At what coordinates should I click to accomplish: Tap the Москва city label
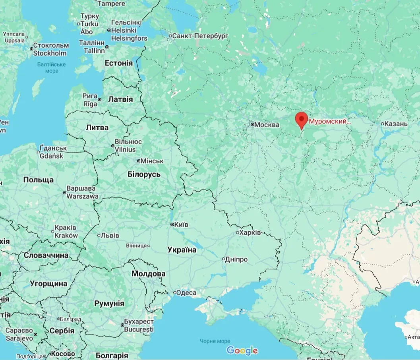267,125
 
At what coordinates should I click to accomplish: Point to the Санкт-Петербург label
200,36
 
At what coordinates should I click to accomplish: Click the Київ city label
181,225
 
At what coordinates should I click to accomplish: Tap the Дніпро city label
236,259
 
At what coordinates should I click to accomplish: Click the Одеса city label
186,293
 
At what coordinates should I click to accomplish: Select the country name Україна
182,250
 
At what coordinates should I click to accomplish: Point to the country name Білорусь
144,174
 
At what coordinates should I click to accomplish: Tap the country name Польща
39,180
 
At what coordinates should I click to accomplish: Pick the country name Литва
97,128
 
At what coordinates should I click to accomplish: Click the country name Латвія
120,99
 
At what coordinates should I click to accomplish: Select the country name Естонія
118,63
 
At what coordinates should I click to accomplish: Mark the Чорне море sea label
215,341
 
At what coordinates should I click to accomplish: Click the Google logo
242,350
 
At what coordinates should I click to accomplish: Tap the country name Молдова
148,274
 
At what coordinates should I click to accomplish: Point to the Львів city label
110,235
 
